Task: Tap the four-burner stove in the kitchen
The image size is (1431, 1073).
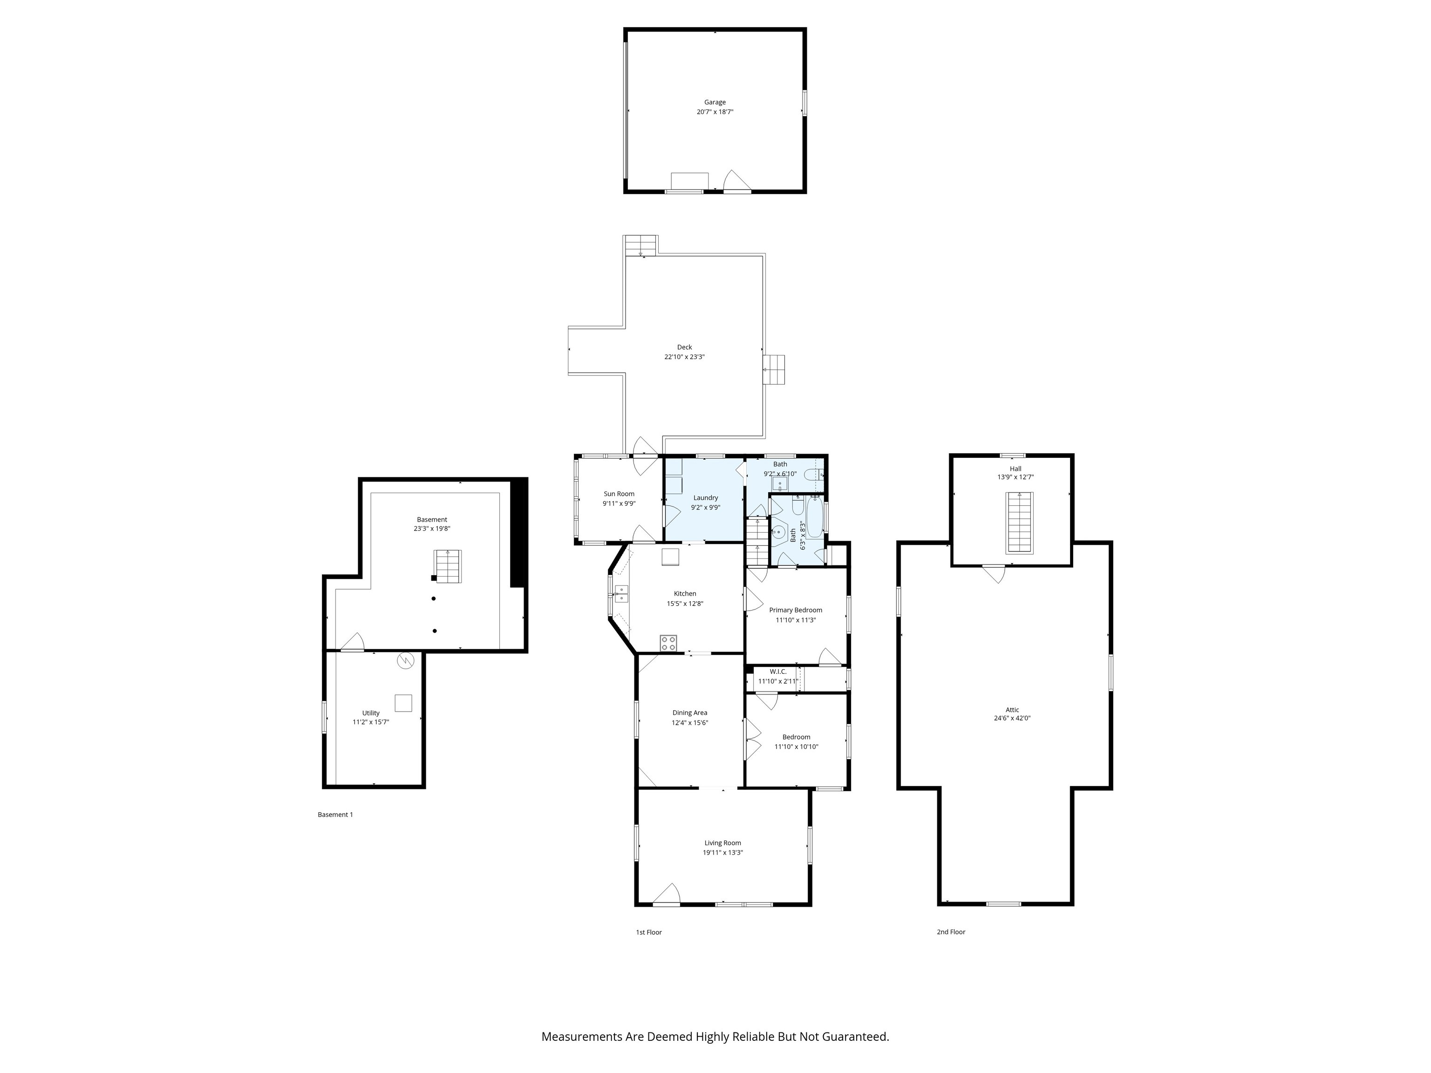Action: click(x=668, y=643)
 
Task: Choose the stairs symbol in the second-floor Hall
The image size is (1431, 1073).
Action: click(x=1019, y=522)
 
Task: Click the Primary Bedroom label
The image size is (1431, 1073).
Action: click(x=795, y=610)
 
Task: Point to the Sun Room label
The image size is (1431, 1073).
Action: click(x=619, y=494)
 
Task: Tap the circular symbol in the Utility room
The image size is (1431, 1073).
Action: click(x=405, y=661)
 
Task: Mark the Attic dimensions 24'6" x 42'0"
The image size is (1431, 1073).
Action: click(x=1012, y=718)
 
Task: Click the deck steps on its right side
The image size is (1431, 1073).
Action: click(x=774, y=369)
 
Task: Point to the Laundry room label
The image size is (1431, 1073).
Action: click(x=705, y=497)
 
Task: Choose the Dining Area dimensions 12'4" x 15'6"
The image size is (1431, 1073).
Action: click(x=689, y=722)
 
